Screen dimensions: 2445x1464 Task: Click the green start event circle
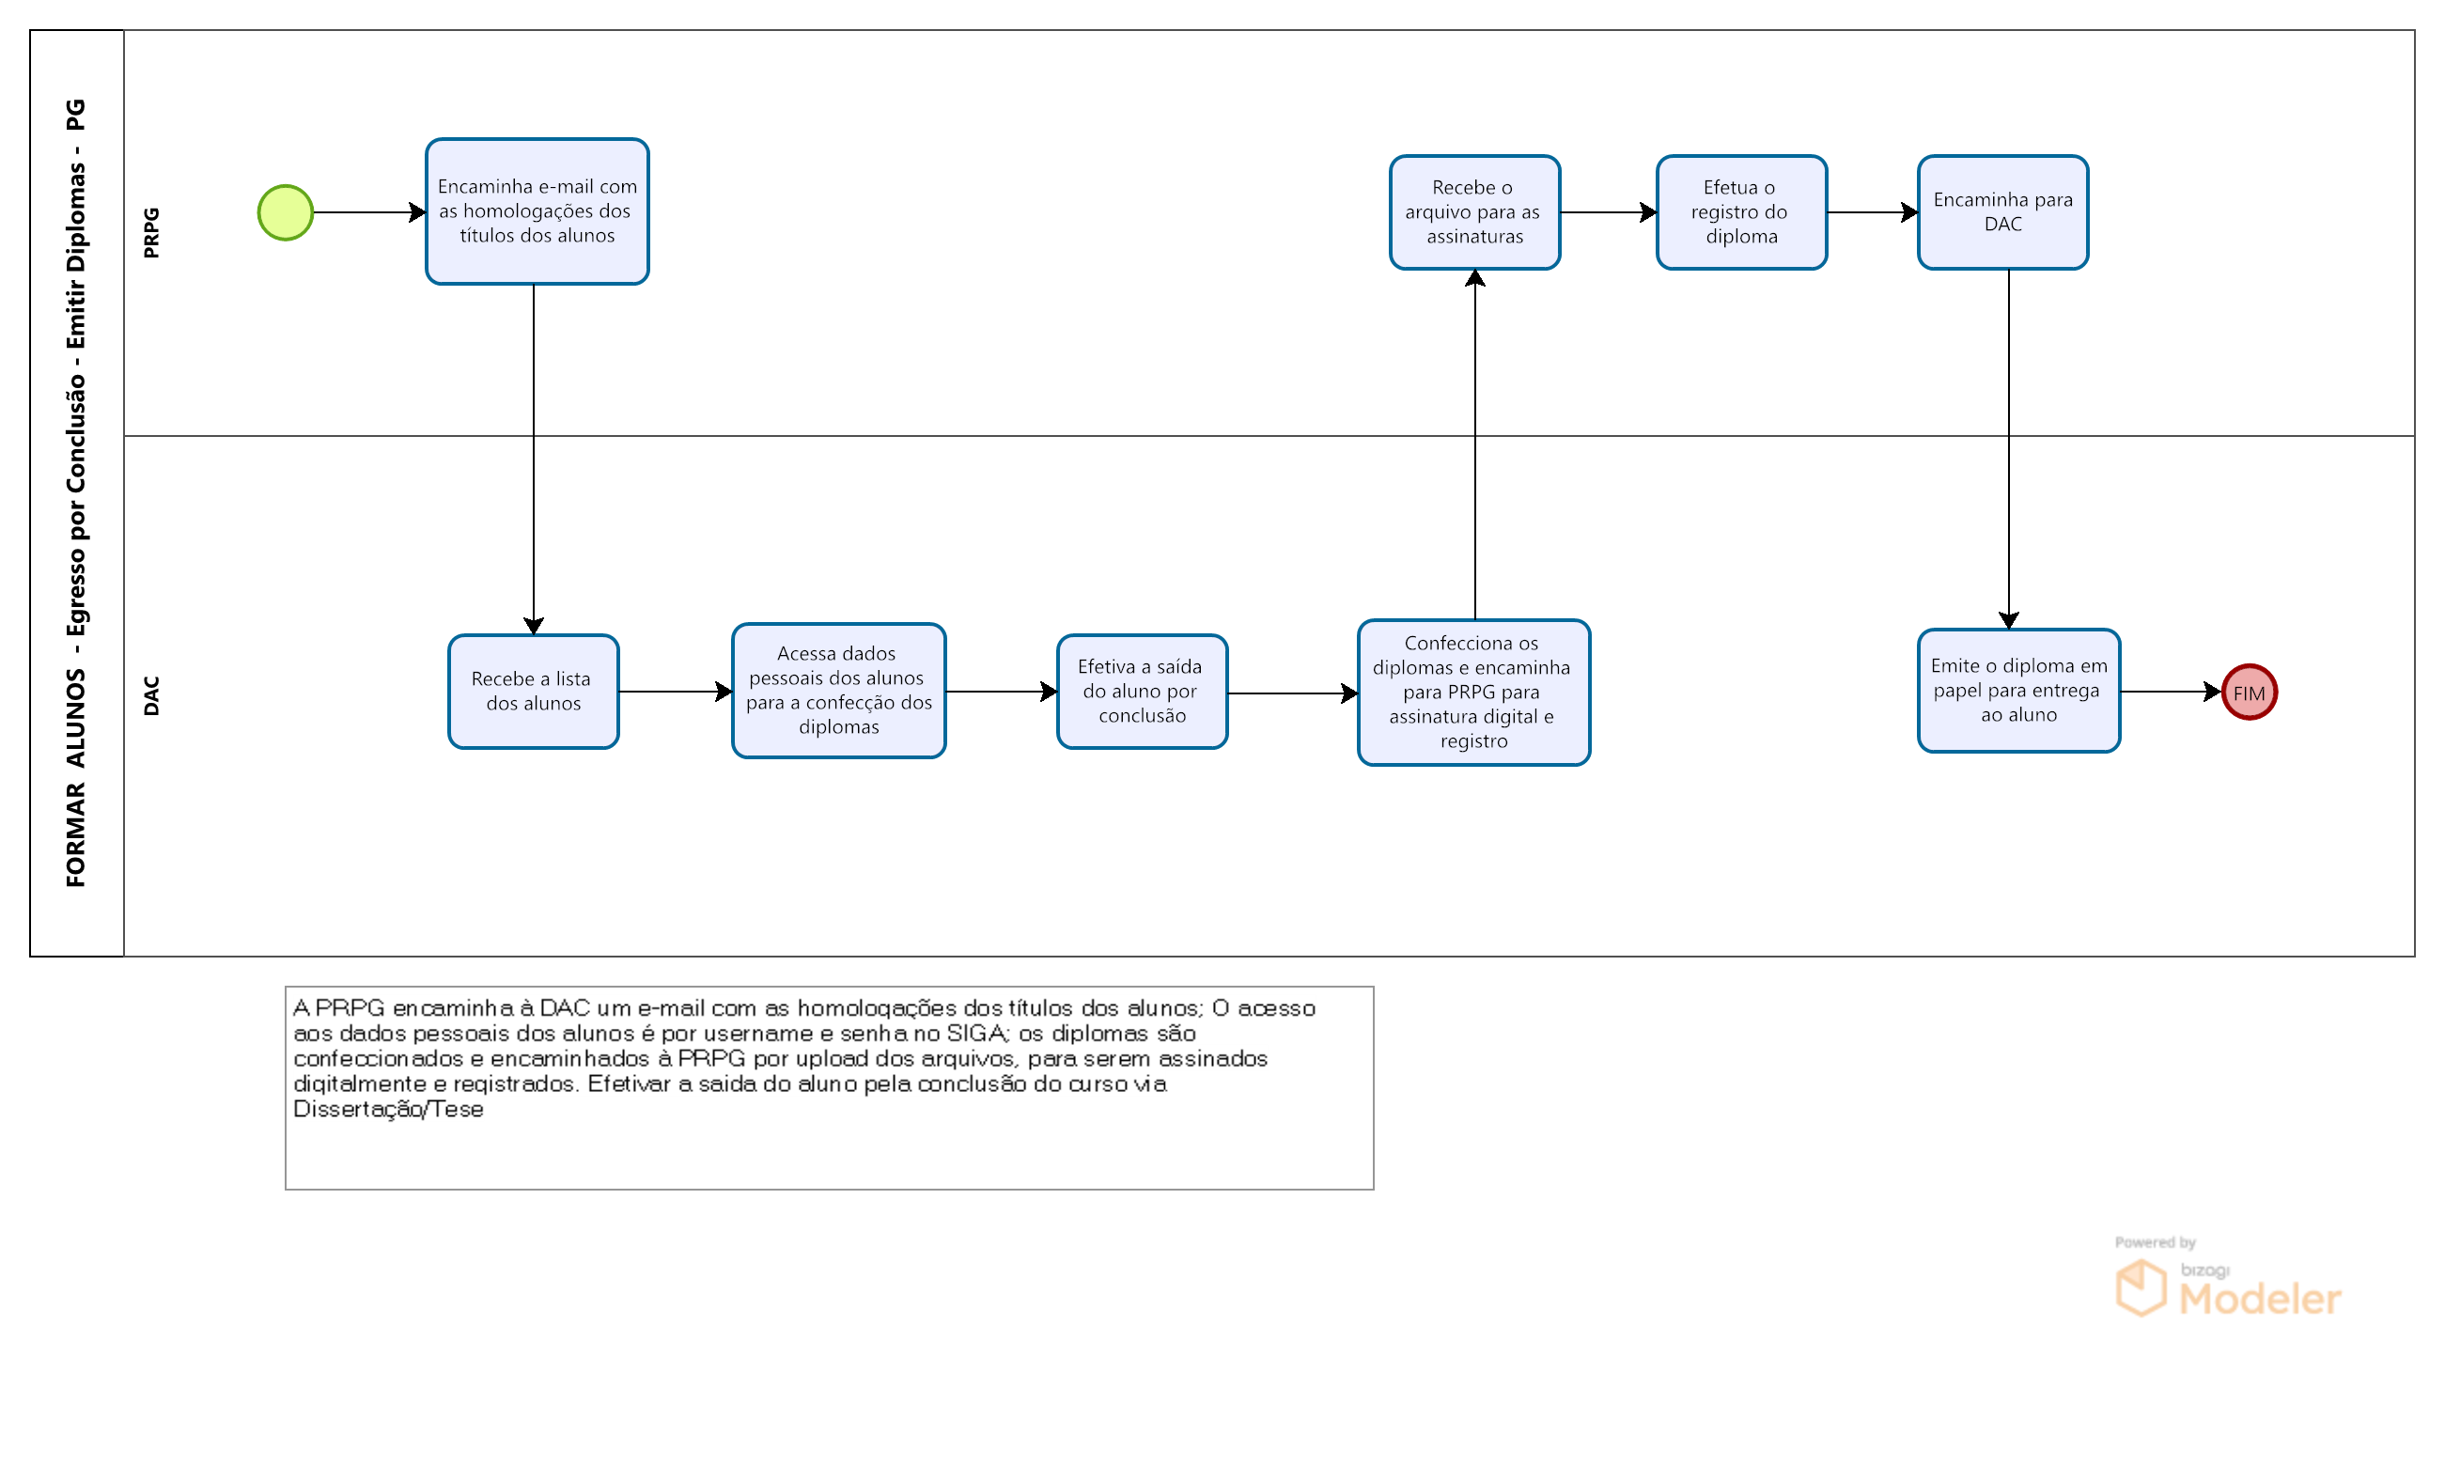pyautogui.click(x=285, y=212)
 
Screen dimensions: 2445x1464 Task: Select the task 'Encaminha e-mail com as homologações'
pyautogui.click(x=537, y=211)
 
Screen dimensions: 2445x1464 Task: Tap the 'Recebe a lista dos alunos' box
pyautogui.click(x=533, y=692)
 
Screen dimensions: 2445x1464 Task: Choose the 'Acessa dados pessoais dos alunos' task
pyautogui.click(x=838, y=691)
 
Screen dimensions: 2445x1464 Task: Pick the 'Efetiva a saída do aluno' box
pyautogui.click(x=1141, y=692)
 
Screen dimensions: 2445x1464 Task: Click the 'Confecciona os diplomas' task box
pyautogui.click(x=1472, y=693)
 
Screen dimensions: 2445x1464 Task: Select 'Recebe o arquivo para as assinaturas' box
pyautogui.click(x=1473, y=212)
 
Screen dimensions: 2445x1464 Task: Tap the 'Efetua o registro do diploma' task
pyautogui.click(x=1741, y=212)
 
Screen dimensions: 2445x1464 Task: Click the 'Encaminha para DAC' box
pyautogui.click(x=2002, y=212)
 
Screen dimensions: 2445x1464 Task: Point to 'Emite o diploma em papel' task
pyautogui.click(x=2018, y=691)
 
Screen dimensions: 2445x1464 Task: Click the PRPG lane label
pyautogui.click(x=151, y=233)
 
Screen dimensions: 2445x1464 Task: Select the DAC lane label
pyautogui.click(x=151, y=695)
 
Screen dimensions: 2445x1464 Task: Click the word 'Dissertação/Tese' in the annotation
pyautogui.click(x=387, y=1110)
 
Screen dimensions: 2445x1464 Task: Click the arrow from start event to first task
pyautogui.click(x=370, y=212)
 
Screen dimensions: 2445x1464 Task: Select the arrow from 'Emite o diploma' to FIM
pyautogui.click(x=2171, y=692)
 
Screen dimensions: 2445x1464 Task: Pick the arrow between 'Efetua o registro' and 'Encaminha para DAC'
pyautogui.click(x=1872, y=212)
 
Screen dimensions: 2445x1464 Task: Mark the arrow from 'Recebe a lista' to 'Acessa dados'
pyautogui.click(x=676, y=692)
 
